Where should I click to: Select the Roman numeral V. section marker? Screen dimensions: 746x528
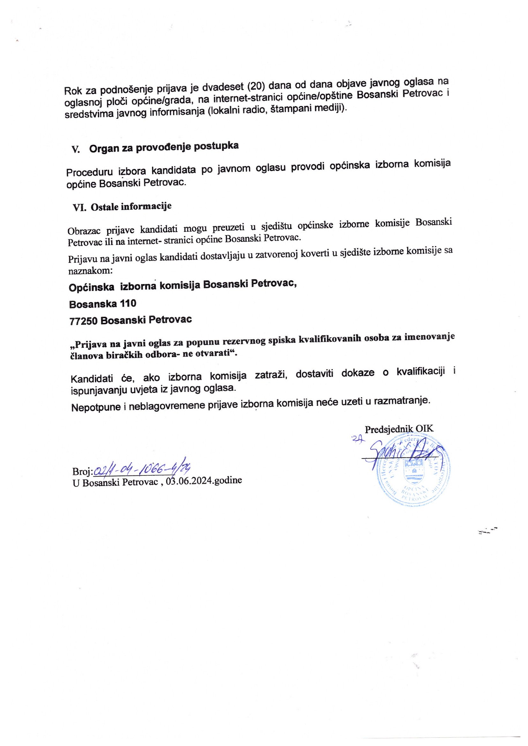[76, 150]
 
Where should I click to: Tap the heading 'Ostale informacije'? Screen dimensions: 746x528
[131, 207]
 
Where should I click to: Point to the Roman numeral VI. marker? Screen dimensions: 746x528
[80, 208]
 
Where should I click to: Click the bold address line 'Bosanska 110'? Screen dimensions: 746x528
[103, 303]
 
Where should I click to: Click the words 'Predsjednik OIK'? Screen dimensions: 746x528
[399, 429]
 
